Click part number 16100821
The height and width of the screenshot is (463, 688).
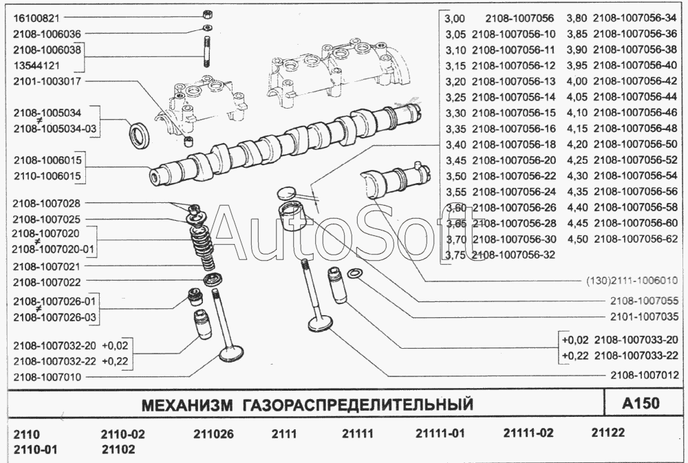pyautogui.click(x=36, y=18)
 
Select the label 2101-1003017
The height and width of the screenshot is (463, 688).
pyautogui.click(x=47, y=81)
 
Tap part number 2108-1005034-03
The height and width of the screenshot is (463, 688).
pyautogui.click(x=55, y=129)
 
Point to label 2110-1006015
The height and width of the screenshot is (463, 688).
pyautogui.click(x=47, y=176)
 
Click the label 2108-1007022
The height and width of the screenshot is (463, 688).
pyautogui.click(x=47, y=282)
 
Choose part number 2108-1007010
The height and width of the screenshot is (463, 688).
pyautogui.click(x=47, y=377)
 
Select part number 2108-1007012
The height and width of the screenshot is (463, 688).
pyautogui.click(x=644, y=375)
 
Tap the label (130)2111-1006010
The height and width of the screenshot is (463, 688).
pyautogui.click(x=632, y=281)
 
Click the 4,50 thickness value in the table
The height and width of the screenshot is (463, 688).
pyautogui.click(x=577, y=239)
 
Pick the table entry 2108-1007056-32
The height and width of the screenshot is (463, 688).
pyautogui.click(x=514, y=255)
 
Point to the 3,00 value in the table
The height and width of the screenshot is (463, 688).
pyautogui.click(x=455, y=19)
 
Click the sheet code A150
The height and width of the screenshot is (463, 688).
pyautogui.click(x=641, y=403)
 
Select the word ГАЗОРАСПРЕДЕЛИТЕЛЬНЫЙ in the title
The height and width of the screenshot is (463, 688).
pyautogui.click(x=358, y=405)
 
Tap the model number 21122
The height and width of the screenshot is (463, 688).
pyautogui.click(x=608, y=433)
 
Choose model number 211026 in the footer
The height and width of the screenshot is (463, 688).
pyautogui.click(x=214, y=434)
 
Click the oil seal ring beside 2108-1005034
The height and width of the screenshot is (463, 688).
pyautogui.click(x=140, y=135)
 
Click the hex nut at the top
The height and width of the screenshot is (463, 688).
pyautogui.click(x=208, y=14)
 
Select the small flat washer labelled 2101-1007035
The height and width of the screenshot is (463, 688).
pyautogui.click(x=354, y=274)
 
